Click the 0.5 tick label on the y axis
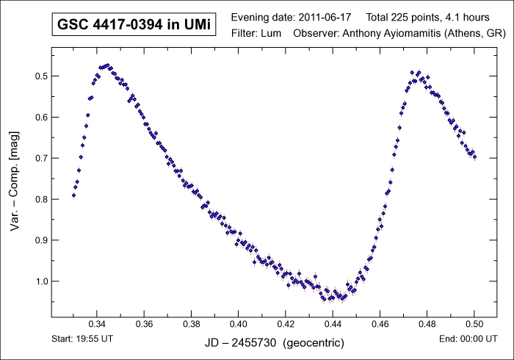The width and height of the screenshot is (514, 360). [x=35, y=76]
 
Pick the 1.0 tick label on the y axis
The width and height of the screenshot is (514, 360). [x=35, y=281]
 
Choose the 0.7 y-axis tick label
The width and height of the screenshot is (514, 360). [x=35, y=158]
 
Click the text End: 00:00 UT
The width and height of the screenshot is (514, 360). [x=476, y=339]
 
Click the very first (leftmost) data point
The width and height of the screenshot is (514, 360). [x=73, y=195]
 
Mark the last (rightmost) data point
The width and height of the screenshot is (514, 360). [x=474, y=156]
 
